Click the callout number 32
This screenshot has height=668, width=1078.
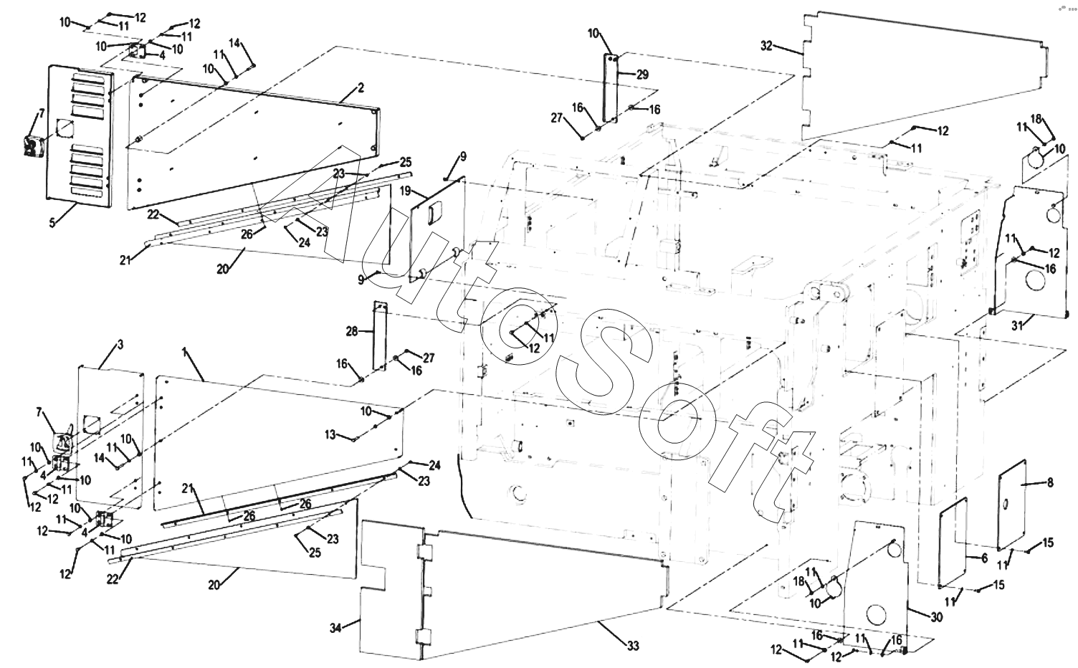tap(766, 46)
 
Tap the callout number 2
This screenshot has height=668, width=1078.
tap(361, 88)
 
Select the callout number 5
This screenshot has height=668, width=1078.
tap(52, 223)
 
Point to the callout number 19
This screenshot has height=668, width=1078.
tap(405, 191)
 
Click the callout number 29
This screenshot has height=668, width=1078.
tap(641, 75)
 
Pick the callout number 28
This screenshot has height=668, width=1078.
tap(352, 331)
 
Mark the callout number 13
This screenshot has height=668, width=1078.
tap(330, 434)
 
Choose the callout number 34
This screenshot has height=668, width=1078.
tap(335, 629)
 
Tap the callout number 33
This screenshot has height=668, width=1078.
tap(632, 646)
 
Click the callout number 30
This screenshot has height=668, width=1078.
tap(937, 617)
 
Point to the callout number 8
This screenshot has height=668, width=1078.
tap(1050, 482)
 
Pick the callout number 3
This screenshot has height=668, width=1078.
tap(120, 345)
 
